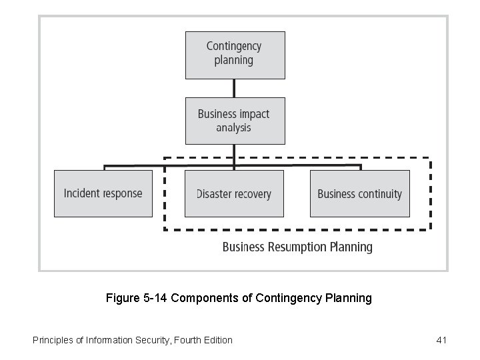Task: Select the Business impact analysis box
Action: (234, 121)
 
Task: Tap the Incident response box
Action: (103, 193)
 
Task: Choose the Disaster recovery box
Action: (234, 193)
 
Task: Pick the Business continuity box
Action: (359, 193)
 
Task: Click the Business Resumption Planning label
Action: (297, 247)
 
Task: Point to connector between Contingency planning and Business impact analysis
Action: (234, 88)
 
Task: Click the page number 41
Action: (441, 340)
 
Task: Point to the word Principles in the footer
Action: (53, 340)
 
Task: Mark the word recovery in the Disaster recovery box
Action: (250, 195)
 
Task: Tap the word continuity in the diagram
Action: (379, 194)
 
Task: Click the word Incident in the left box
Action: (83, 193)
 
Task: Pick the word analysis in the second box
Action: (234, 127)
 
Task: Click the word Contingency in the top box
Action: (234, 46)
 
